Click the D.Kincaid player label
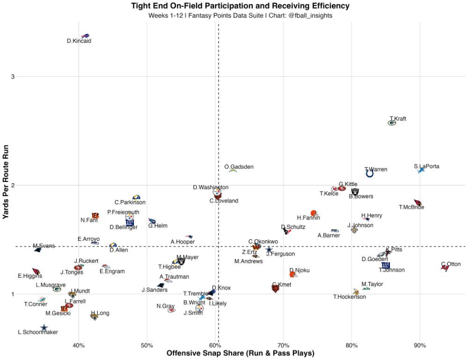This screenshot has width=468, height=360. tap(79, 41)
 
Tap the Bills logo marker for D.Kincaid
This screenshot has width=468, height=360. tap(85, 36)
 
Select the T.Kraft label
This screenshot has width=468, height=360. tap(398, 119)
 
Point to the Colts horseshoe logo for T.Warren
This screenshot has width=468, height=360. tap(369, 174)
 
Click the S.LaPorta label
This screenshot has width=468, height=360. tap(426, 166)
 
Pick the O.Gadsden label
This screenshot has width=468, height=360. tap(239, 167)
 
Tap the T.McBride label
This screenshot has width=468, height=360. tap(411, 207)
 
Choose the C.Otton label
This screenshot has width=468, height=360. tap(451, 264)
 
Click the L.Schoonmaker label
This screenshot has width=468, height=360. tap(37, 332)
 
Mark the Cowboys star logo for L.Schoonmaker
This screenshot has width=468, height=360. tap(44, 328)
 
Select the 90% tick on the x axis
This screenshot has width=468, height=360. tap(420, 346)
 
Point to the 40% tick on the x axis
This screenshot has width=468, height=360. tap(79, 346)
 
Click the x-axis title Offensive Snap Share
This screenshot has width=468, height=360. tap(240, 353)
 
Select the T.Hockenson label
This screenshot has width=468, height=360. tap(350, 297)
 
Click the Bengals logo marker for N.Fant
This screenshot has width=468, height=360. tap(95, 216)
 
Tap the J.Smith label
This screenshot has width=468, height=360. tap(193, 313)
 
